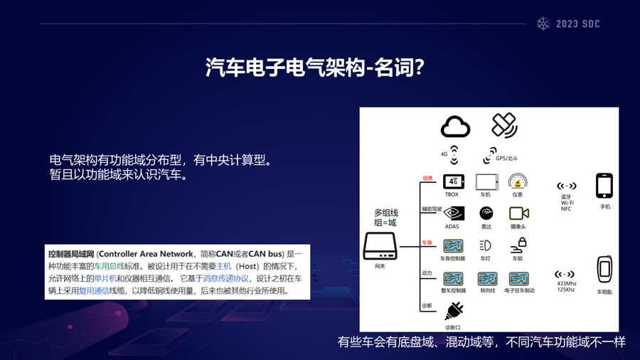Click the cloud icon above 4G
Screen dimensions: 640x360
[455, 127]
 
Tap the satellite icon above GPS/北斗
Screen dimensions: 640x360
[504, 125]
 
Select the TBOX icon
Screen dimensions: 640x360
[453, 181]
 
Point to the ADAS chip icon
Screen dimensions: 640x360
[453, 213]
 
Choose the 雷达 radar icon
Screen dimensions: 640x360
[486, 213]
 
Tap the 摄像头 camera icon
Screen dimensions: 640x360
[518, 213]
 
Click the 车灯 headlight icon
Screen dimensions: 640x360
[486, 245]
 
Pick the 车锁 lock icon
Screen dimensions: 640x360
[518, 245]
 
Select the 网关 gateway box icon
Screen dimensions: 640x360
[380, 246]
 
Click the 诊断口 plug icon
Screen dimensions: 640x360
[454, 311]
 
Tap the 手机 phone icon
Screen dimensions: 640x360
[604, 186]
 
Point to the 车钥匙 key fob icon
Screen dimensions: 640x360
[604, 270]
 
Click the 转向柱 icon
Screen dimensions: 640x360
[487, 278]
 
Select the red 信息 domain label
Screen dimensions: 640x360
[427, 178]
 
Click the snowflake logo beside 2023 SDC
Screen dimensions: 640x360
[544, 23]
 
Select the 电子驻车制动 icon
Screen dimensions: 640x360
[518, 278]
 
